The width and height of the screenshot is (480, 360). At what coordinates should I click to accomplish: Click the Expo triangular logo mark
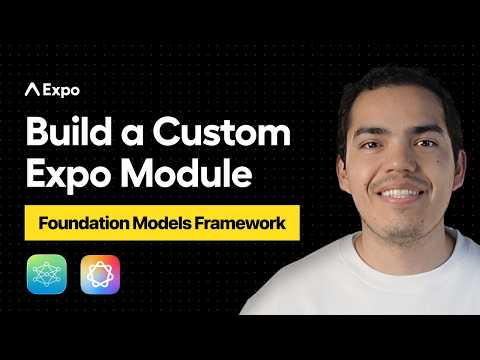tap(32, 89)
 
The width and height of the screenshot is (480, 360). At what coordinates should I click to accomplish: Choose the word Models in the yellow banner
tap(168, 224)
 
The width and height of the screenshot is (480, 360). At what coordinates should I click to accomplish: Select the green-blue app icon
tap(46, 274)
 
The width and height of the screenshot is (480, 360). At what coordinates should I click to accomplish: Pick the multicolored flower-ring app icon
tap(100, 274)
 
